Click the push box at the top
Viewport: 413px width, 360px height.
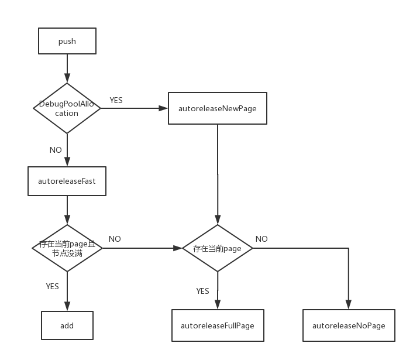67,42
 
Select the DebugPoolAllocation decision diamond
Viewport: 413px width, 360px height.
67,108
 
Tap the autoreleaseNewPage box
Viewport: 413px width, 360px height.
217,108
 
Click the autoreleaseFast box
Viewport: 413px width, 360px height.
67,181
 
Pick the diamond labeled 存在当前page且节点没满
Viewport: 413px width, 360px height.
67,248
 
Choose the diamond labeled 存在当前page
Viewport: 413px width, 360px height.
217,248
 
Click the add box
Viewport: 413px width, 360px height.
67,325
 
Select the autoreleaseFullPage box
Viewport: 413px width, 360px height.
217,325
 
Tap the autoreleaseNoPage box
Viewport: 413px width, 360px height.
349,325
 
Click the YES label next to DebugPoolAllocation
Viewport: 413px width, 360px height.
116,100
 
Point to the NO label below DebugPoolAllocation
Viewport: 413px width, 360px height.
56,150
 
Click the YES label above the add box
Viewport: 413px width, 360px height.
52,286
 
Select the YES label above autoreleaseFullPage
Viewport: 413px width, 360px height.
202,291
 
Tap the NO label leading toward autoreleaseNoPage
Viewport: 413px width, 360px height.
261,239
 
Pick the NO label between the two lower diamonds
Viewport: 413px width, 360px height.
115,239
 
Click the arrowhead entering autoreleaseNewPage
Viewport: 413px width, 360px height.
164,108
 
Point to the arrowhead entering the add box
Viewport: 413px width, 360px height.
67,307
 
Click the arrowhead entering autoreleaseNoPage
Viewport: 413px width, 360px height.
349,305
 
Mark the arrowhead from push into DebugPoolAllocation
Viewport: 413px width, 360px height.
67,79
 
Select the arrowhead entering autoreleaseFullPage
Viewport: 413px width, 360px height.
217,305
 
